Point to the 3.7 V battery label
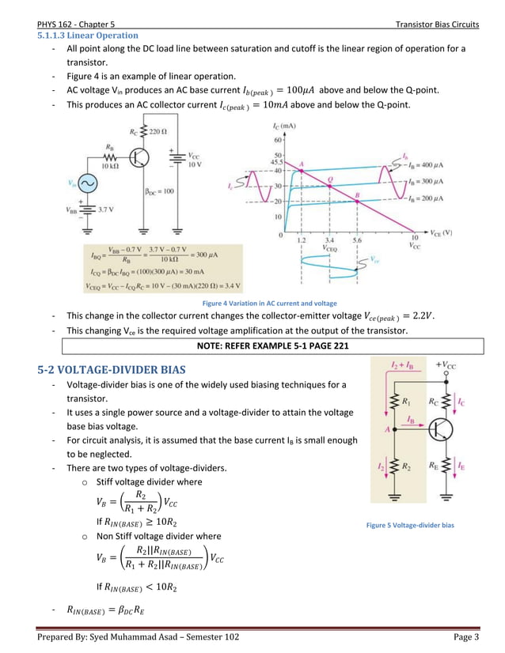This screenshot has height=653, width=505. pos(108,210)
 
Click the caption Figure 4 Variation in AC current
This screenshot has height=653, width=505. pos(269,303)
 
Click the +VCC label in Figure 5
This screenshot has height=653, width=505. pos(445,367)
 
